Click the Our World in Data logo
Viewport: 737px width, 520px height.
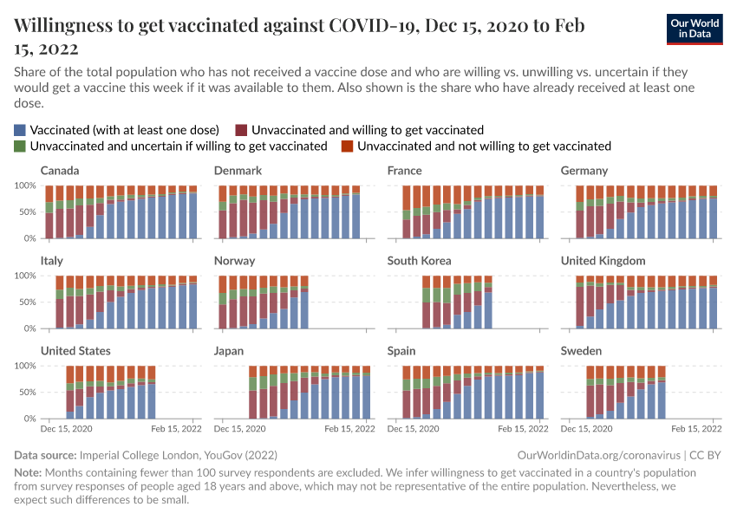pyautogui.click(x=695, y=29)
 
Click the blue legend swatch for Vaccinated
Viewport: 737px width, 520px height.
pyautogui.click(x=20, y=129)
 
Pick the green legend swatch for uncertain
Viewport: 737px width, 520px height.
pyautogui.click(x=20, y=146)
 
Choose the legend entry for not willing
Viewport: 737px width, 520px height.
pyautogui.click(x=484, y=146)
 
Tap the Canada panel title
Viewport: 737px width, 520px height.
pyautogui.click(x=60, y=171)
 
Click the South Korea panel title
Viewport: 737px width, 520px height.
pyautogui.click(x=420, y=261)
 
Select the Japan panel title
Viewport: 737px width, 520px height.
pyautogui.click(x=229, y=351)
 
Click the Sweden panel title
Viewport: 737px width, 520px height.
pyautogui.click(x=580, y=351)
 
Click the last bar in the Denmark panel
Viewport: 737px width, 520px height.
pyautogui.click(x=356, y=212)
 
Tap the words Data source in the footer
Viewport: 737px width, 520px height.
pyautogui.click(x=45, y=455)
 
